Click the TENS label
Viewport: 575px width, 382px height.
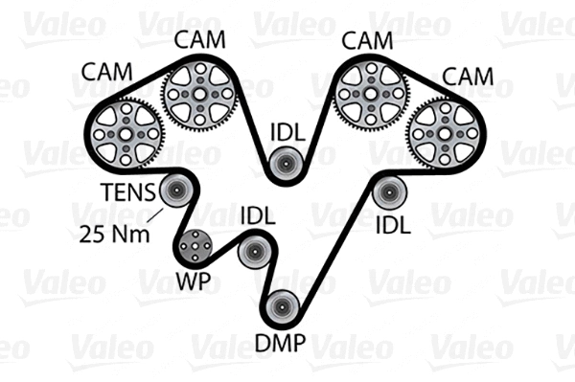(128, 192)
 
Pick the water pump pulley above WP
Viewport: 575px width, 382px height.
(194, 248)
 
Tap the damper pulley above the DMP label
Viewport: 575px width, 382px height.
(282, 307)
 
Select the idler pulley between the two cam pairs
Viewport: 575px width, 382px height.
(285, 165)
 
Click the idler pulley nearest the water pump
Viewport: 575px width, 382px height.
(254, 253)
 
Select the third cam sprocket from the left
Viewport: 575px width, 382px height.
(372, 94)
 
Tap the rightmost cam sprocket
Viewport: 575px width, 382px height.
(445, 133)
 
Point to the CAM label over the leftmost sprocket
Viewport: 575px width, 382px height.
(108, 73)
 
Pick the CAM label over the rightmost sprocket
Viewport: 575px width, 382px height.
(468, 76)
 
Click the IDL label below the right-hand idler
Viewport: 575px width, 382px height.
(392, 226)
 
